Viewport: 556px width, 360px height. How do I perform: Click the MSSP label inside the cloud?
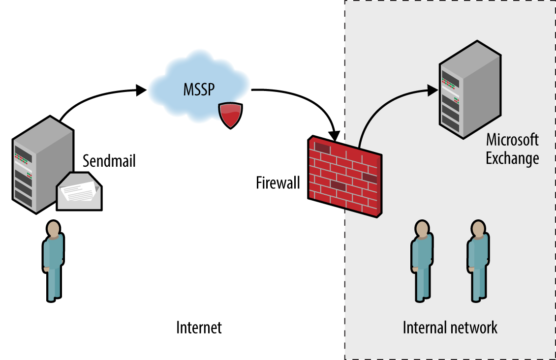pos(199,90)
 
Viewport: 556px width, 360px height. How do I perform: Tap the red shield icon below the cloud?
pos(230,115)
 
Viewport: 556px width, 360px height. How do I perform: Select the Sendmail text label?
pos(109,161)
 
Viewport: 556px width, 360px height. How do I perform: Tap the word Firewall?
pos(278,183)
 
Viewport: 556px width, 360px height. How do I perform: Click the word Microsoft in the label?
pos(512,140)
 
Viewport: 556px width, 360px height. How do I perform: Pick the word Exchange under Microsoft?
pos(512,158)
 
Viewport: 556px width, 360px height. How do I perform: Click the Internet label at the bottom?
pos(199,328)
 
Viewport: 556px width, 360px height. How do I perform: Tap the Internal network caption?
pos(450,328)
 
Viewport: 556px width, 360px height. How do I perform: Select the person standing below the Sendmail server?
pos(53,261)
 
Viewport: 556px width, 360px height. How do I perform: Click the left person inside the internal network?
pos(422,261)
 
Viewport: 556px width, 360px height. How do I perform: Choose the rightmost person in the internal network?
pos(478,261)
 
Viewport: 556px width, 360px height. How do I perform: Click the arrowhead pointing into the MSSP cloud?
pos(141,90)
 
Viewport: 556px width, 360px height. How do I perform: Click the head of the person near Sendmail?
pos(53,229)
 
